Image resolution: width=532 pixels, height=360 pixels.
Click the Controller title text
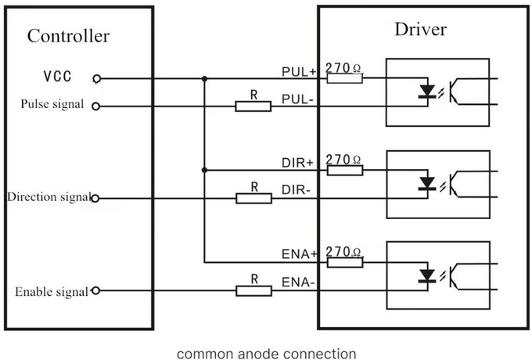[68, 36]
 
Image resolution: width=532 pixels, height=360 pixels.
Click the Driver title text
[420, 30]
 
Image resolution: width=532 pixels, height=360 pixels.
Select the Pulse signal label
[52, 104]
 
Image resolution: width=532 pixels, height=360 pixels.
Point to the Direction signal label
[48, 197]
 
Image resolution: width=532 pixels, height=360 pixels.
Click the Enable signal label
[52, 292]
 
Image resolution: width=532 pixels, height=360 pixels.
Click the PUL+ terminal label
[299, 71]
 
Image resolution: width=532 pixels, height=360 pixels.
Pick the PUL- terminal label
[298, 99]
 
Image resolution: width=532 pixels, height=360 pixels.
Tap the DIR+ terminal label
[298, 163]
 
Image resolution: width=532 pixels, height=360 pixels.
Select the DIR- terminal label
[297, 191]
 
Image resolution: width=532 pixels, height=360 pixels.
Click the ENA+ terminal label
[299, 255]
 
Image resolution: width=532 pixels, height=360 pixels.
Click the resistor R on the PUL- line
[254, 106]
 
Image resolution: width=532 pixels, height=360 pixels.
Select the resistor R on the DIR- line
[254, 199]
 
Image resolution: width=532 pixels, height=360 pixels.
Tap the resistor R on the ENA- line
[254, 291]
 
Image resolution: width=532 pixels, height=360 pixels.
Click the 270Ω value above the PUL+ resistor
[343, 68]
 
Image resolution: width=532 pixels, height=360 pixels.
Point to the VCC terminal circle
[96, 78]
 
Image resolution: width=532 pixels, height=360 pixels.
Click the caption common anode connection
[266, 354]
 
